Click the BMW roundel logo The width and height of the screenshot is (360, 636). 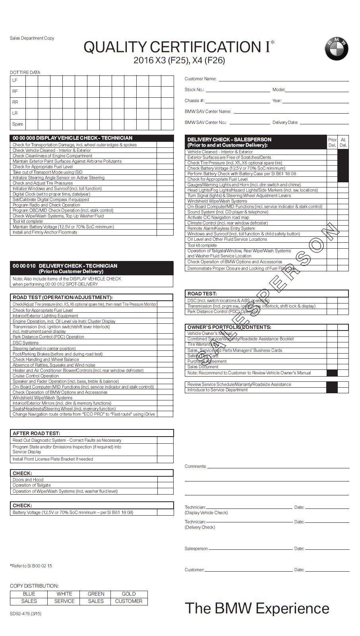336,49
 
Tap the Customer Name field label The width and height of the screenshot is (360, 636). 200,79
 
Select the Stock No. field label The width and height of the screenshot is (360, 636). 194,90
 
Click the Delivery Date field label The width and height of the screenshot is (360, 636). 285,122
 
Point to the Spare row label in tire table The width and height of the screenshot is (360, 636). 17,124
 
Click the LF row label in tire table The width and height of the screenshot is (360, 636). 15,80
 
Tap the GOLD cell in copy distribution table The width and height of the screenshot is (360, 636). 128,594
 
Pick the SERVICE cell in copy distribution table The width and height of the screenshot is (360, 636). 64,601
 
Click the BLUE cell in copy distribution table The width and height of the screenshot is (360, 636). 29,594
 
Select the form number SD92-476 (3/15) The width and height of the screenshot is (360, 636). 25,613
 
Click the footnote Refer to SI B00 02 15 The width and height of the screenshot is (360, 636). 31,566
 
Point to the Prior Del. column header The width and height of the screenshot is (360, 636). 332,142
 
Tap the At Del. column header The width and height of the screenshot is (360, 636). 343,142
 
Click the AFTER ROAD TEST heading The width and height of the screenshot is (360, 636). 37,433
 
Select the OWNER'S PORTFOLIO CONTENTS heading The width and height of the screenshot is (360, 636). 229,327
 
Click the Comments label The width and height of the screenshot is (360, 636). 195,466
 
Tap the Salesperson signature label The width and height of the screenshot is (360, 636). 196,549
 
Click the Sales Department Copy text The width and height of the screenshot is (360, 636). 32,38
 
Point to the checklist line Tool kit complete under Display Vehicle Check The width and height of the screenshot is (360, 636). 28,221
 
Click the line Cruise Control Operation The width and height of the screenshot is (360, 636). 36,376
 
